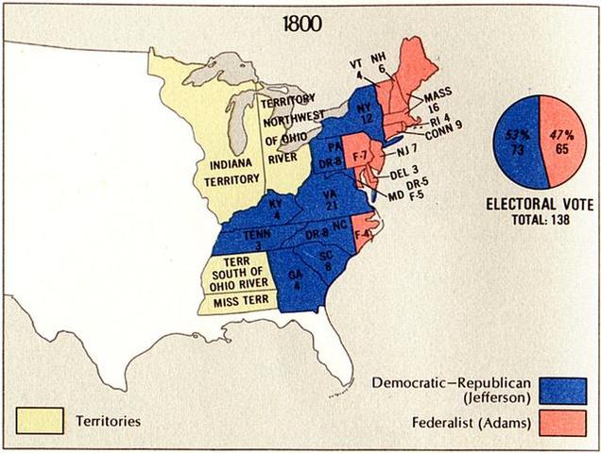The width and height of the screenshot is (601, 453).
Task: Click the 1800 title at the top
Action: [300, 24]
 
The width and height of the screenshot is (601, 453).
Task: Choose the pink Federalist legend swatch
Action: [562, 423]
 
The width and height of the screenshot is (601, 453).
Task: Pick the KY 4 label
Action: [276, 208]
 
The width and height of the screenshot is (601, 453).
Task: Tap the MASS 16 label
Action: [437, 103]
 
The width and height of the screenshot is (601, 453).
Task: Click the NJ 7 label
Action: [408, 151]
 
